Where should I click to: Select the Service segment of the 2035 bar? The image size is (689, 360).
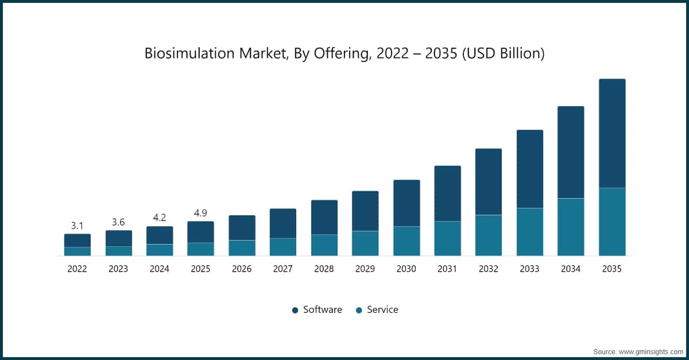pos(612,222)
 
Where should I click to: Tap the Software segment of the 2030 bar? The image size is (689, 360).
pos(407,203)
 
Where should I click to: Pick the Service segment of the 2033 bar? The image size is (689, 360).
pos(530,232)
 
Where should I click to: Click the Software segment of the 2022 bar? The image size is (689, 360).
pos(78,241)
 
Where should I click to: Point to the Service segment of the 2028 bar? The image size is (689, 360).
pos(324,245)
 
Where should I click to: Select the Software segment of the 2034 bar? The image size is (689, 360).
pos(571,152)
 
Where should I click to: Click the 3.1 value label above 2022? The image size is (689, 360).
pos(78,225)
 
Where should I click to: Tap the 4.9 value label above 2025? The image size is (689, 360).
pos(200,213)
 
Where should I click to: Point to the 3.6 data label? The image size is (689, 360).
pos(118,222)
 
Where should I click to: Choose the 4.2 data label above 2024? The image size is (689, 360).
pos(160,218)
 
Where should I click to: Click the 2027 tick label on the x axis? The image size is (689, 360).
pos(283,269)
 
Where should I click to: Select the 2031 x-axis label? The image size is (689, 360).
pos(447,269)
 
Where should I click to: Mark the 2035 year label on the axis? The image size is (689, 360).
pos(612,269)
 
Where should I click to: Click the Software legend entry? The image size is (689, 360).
pos(322,309)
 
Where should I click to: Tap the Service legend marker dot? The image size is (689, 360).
pos(359,310)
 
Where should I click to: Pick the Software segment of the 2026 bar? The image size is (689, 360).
pos(242,228)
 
